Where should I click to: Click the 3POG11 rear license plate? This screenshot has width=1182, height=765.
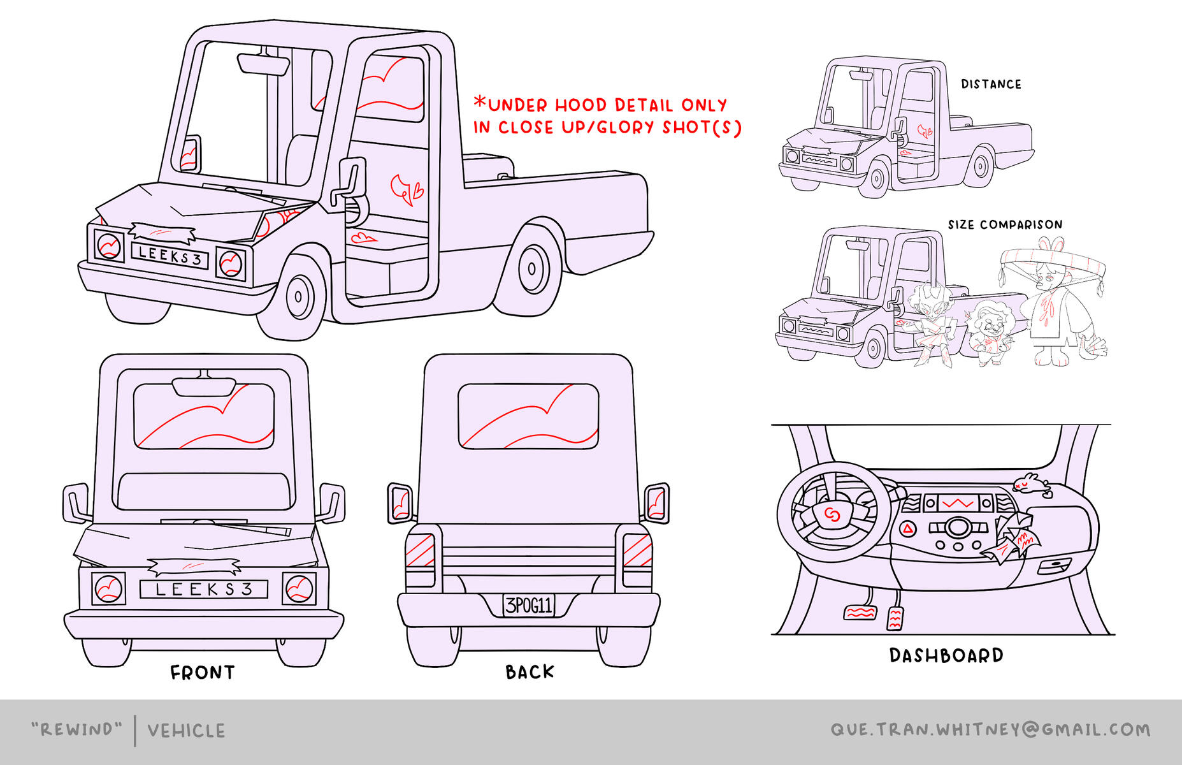tap(528, 605)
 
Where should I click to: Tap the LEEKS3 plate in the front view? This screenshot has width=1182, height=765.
tap(204, 589)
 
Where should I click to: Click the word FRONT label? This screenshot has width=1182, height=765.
tap(202, 673)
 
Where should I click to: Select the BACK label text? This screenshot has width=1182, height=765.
tap(530, 672)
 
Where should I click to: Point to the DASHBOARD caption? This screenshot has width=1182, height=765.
tap(946, 655)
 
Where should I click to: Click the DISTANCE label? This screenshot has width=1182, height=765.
tap(991, 84)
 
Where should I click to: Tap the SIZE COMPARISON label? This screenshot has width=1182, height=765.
tap(1005, 224)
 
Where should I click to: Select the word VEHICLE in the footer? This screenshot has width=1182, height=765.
tap(186, 731)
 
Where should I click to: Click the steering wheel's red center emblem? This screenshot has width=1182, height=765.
tap(830, 514)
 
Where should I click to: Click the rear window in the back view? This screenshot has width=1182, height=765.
tap(528, 416)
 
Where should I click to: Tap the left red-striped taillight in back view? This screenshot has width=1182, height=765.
tap(420, 550)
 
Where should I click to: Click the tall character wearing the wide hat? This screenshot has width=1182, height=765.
tap(1051, 306)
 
